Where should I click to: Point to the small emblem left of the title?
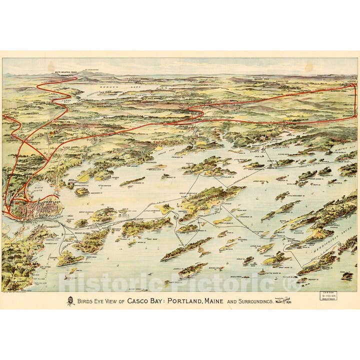pyautogui.click(x=70, y=301)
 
